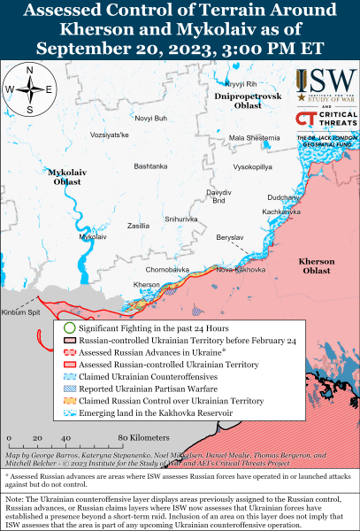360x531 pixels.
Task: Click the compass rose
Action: pos(28,88)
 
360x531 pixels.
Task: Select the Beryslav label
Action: pos(229,239)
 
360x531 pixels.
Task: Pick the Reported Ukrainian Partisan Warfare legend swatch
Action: pos(69,388)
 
